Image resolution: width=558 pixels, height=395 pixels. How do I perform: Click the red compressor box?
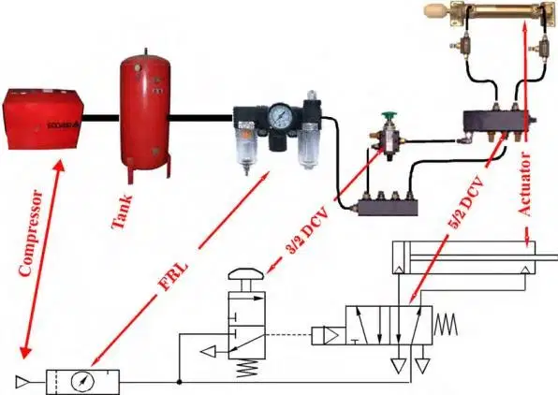click(x=43, y=119)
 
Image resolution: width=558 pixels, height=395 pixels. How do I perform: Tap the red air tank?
click(x=145, y=114)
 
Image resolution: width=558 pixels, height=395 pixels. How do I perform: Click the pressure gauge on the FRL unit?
click(x=281, y=116)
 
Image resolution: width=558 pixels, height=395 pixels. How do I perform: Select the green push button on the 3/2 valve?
click(x=389, y=117)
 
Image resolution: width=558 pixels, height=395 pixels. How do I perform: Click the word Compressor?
click(x=31, y=233)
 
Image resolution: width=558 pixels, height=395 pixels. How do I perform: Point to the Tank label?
click(x=122, y=212)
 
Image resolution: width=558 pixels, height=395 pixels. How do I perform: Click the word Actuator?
click(x=524, y=184)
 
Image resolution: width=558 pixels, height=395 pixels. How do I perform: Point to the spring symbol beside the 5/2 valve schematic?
click(x=446, y=326)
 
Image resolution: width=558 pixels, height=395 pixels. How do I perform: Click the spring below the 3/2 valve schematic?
click(x=246, y=368)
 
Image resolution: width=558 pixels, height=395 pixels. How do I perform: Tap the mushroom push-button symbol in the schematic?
click(x=246, y=273)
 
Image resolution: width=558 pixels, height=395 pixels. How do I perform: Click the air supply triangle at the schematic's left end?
click(x=22, y=382)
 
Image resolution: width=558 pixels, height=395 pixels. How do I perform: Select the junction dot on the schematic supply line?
click(x=180, y=382)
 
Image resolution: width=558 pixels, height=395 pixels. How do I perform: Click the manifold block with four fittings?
click(x=388, y=205)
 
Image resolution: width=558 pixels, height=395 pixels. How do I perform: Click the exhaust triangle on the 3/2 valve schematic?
click(x=208, y=352)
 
